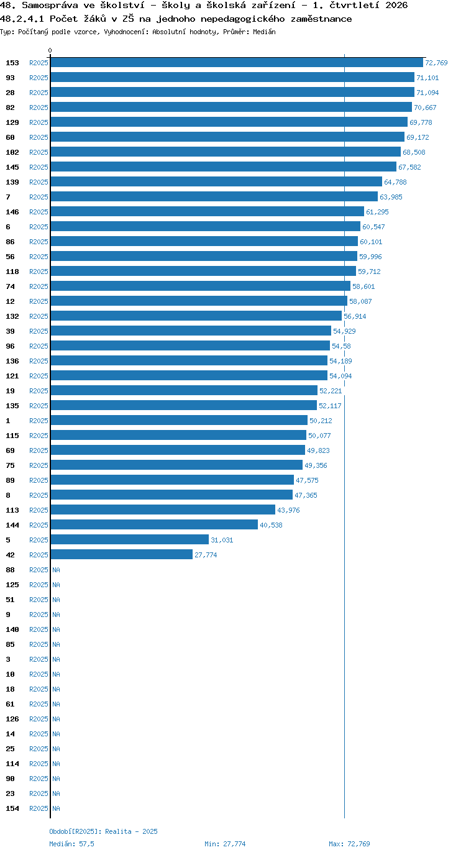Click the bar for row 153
coord(237,63)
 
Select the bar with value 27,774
coord(121,555)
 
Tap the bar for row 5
coord(130,540)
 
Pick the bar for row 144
coord(154,525)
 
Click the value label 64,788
coord(395,182)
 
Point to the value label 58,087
coord(360,301)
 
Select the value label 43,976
coord(288,510)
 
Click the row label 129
coord(12,122)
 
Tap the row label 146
coord(12,212)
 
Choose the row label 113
coord(12,510)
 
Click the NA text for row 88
coord(56,570)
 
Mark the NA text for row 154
coord(56,808)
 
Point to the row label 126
coord(12,719)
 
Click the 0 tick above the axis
coord(50,50)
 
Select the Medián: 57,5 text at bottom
coord(71,844)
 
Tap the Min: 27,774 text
coord(225,844)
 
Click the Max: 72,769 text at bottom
coord(349,844)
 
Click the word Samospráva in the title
coord(50,6)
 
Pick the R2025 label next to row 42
coord(39,555)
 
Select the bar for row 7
coord(214,196)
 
